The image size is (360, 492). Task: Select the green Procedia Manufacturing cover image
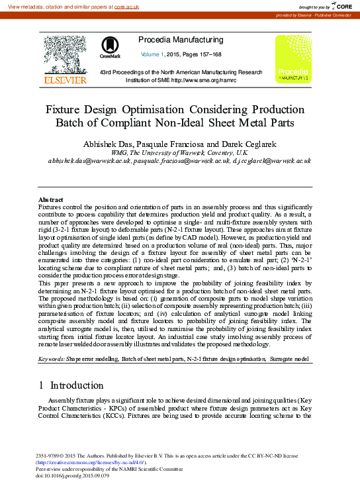(x=293, y=59)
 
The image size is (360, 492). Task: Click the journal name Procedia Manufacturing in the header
(x=181, y=40)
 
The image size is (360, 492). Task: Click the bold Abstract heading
(x=51, y=199)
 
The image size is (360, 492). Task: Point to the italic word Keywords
(x=51, y=358)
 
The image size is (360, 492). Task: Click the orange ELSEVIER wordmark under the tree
(x=65, y=80)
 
